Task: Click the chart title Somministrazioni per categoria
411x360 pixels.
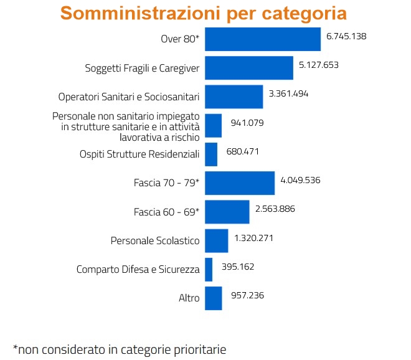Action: point(203,14)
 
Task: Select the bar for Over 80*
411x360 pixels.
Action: point(262,39)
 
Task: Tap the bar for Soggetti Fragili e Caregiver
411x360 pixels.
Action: point(248,68)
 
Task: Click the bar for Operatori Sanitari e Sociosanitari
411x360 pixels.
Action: point(234,97)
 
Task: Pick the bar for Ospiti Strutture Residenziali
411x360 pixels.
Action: point(211,154)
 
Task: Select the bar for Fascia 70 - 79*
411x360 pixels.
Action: point(239,183)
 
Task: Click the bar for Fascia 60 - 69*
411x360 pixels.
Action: point(227,212)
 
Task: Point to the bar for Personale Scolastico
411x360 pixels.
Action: point(216,240)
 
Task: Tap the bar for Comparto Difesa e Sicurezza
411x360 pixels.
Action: point(209,269)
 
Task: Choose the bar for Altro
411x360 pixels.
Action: point(213,298)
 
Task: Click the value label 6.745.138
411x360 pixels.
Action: point(346,36)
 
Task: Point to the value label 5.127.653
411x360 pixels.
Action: point(318,65)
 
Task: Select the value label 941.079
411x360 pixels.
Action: point(247,123)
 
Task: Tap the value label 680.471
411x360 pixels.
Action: point(243,151)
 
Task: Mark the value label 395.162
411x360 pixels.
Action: point(238,267)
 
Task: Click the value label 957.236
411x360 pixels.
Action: point(247,295)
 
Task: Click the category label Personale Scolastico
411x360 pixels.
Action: point(154,240)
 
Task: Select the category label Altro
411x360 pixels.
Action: point(189,298)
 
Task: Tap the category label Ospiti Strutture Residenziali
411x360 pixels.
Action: point(139,154)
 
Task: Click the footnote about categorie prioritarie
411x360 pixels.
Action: point(120,349)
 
